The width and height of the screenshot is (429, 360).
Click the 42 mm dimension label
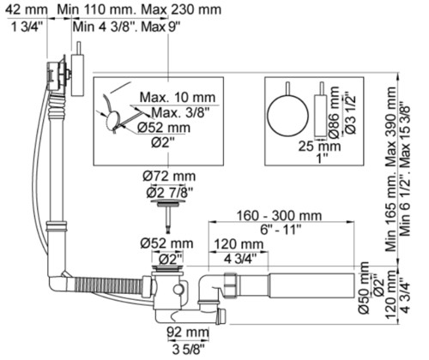coord(27,9)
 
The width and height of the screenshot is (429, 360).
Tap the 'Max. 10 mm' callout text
coord(178,98)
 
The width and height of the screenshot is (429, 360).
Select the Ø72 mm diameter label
coord(169,176)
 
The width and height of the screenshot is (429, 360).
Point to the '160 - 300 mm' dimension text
coord(279,215)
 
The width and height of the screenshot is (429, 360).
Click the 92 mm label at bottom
coord(188,333)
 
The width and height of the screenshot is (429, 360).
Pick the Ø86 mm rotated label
coord(334,112)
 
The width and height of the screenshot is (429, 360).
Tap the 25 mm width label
coord(319,147)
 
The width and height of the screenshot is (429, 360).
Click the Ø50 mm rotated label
coord(365,288)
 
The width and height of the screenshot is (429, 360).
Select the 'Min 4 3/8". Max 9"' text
coord(127,27)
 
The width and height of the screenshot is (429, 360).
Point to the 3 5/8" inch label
coord(189,349)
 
